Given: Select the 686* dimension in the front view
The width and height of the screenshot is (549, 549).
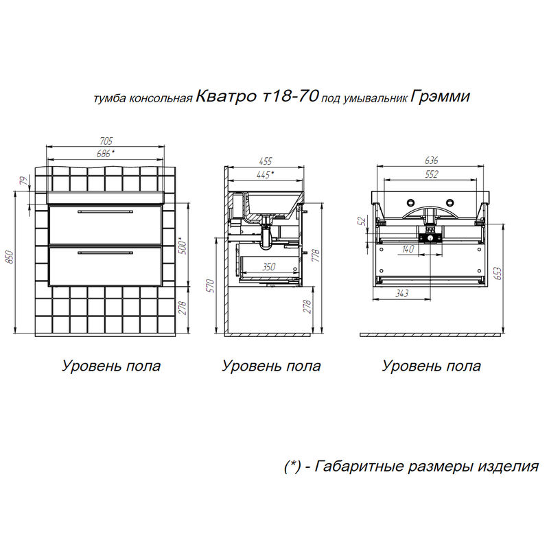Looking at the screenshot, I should (x=105, y=153).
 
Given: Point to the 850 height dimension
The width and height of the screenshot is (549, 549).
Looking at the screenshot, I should (x=10, y=256).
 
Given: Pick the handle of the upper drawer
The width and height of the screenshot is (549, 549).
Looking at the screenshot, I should (x=106, y=212).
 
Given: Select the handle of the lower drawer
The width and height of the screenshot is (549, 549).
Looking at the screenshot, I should (x=106, y=253).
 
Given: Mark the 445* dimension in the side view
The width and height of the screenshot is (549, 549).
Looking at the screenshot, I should (x=264, y=174).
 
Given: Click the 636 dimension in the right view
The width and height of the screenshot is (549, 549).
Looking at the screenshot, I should (x=430, y=159).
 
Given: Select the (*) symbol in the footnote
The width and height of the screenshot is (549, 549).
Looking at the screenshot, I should (x=292, y=467).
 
